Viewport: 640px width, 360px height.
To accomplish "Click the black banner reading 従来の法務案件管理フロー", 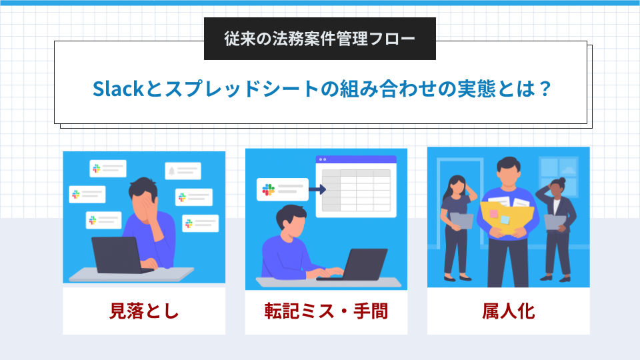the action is (x=319, y=39).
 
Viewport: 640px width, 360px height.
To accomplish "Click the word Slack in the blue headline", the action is (x=119, y=89).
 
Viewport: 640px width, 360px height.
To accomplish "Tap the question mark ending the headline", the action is (x=545, y=89).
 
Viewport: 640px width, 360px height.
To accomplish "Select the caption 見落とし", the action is (x=144, y=311).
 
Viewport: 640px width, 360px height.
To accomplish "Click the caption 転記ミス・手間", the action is (x=326, y=311).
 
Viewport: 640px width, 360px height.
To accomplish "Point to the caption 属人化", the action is (x=508, y=311).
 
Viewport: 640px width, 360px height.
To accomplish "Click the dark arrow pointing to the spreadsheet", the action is (x=317, y=189).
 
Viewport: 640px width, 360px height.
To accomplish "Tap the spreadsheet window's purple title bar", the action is (x=356, y=159).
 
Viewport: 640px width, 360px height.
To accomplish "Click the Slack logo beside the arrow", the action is (x=268, y=189).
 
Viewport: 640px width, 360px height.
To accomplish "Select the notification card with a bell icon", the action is (x=183, y=171).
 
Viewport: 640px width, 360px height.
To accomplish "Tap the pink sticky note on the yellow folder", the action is (x=493, y=214).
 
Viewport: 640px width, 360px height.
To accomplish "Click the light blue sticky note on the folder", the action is (x=505, y=220).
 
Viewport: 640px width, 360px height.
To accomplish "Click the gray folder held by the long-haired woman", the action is (x=461, y=221).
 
